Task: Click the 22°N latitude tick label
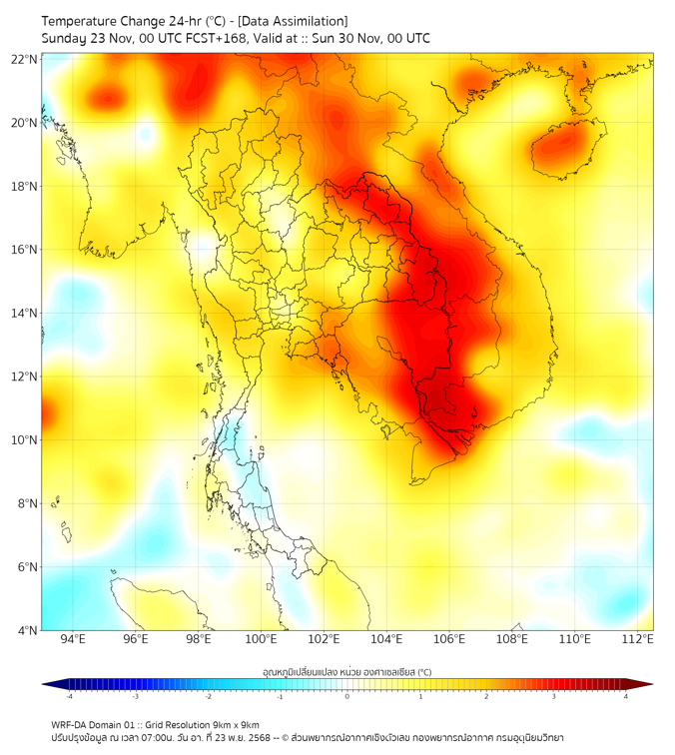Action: click(x=25, y=59)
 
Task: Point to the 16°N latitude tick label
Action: click(x=25, y=250)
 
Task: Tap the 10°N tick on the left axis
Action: click(x=25, y=440)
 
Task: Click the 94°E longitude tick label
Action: click(x=73, y=639)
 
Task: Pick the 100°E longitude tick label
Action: click(x=261, y=639)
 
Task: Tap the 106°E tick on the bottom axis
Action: click(x=449, y=639)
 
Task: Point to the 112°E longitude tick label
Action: click(x=638, y=639)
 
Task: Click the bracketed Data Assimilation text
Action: click(x=296, y=21)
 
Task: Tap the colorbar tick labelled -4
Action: click(x=69, y=696)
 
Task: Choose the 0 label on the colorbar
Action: click(x=347, y=696)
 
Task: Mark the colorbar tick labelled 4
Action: click(x=626, y=696)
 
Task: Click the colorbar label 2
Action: click(x=486, y=696)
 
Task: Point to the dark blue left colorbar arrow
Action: click(x=48, y=684)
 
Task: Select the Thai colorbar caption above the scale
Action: click(x=346, y=672)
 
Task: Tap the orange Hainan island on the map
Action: click(x=566, y=144)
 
